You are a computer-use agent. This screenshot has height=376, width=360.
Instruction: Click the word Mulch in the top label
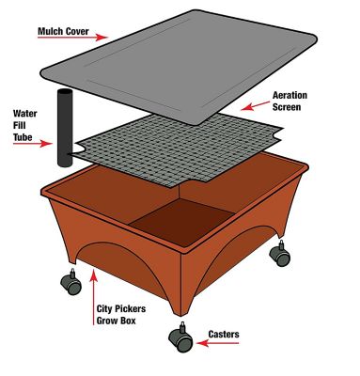pos(50,31)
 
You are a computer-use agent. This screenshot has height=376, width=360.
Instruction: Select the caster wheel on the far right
pos(281,254)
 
